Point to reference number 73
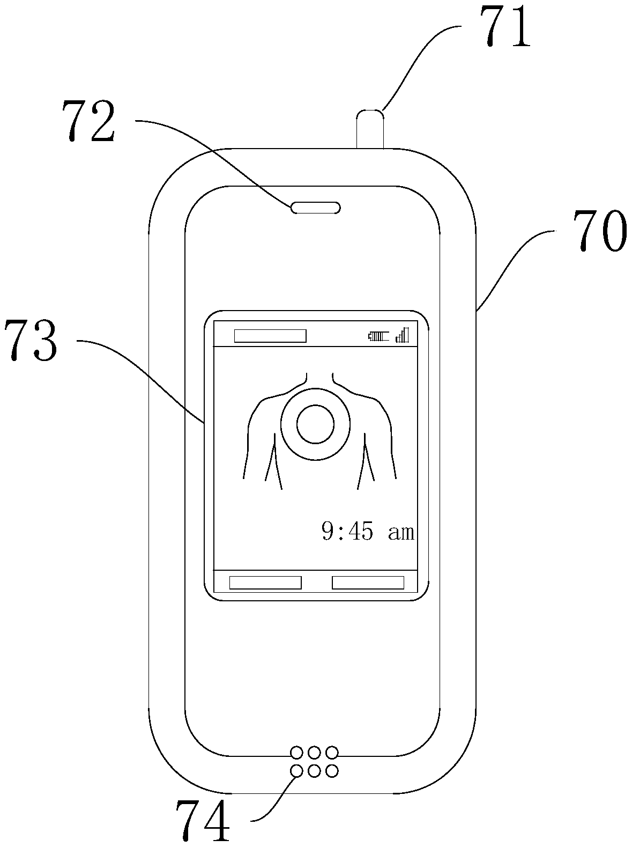31,340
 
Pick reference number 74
204,820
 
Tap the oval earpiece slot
315,208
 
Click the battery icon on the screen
378,336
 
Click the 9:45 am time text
368,532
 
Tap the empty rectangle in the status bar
270,336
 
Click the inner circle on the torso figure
315,425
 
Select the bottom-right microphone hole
332,771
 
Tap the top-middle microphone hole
315,752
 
